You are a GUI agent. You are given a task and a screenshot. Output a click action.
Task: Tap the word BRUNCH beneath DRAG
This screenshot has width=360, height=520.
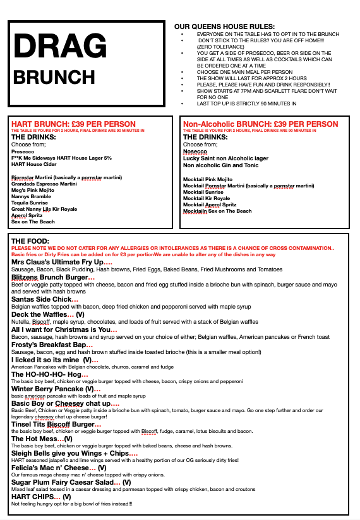pos(54,77)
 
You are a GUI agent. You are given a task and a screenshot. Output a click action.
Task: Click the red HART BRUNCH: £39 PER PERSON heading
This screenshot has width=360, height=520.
pos(73,124)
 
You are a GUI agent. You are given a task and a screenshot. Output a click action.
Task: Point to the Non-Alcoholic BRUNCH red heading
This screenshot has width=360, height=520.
pos(260,124)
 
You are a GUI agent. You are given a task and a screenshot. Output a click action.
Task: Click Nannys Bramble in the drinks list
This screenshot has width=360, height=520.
pos(32,196)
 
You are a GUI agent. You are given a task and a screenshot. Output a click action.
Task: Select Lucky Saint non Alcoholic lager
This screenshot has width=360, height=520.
pos(225,158)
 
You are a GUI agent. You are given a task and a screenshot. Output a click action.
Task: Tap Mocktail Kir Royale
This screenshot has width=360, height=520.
pos(207,198)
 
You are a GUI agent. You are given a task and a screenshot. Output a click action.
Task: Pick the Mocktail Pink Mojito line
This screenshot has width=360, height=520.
pos(208,179)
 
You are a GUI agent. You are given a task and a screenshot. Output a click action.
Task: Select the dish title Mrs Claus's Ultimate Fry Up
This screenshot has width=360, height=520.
pos(57,262)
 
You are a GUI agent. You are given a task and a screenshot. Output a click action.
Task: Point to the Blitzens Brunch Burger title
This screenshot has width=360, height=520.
pos(50,277)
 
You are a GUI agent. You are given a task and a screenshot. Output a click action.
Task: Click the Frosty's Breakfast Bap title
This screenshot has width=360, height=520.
pos(48,345)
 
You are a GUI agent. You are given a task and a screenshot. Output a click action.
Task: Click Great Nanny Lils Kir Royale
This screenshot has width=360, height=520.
pos(44,209)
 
